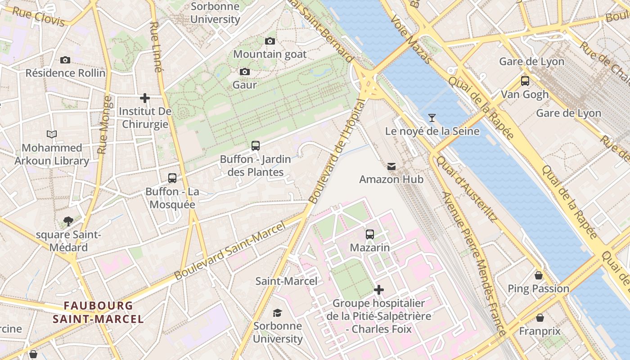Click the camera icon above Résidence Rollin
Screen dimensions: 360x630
tap(65, 60)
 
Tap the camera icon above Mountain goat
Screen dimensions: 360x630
tap(270, 41)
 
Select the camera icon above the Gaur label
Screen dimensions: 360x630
tap(245, 72)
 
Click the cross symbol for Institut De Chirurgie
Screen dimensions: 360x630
tap(145, 98)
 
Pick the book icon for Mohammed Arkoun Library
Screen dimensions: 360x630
tap(52, 134)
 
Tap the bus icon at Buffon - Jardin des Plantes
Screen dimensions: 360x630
tap(256, 146)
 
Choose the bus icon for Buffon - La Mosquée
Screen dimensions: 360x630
tap(172, 178)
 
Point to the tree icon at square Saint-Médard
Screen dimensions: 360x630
tap(68, 221)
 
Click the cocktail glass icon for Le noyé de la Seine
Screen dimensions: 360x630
tap(432, 118)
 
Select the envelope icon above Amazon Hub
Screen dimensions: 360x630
tap(391, 166)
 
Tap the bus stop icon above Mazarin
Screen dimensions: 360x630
tap(370, 234)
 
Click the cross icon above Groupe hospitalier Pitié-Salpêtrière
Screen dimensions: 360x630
tap(379, 290)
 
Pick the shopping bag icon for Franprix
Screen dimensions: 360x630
tap(540, 318)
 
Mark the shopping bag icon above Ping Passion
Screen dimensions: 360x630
tap(539, 275)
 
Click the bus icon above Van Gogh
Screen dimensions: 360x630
tap(525, 81)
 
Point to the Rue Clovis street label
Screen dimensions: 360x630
tap(38, 17)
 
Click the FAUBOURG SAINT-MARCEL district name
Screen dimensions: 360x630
tap(98, 312)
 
